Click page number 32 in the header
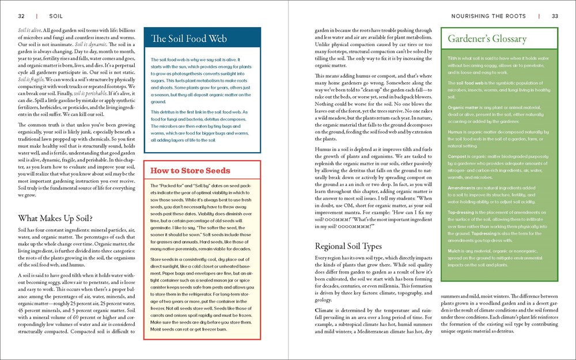(x=21, y=16)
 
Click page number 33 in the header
(x=555, y=16)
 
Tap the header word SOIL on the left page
(x=56, y=16)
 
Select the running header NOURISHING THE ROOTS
(x=490, y=16)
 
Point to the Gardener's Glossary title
(x=487, y=39)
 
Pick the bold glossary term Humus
(x=456, y=132)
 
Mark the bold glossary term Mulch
(x=454, y=251)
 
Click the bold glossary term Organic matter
(x=464, y=107)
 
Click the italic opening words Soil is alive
(x=29, y=29)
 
